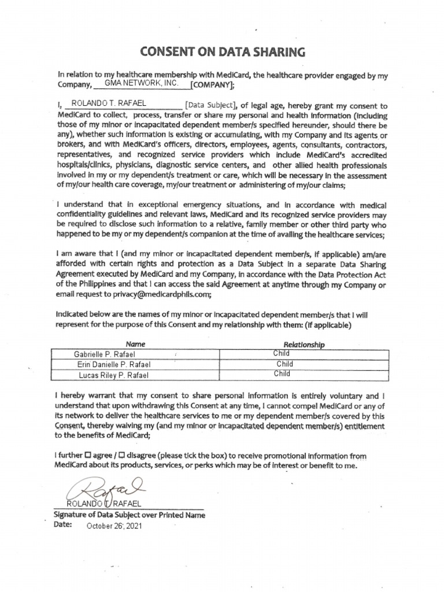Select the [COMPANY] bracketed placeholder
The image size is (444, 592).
coord(212,86)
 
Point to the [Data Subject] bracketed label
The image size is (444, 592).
coord(210,105)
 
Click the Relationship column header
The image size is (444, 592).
coord(304,345)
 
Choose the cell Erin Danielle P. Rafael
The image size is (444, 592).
coord(113,364)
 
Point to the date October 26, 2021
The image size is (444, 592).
coord(114,526)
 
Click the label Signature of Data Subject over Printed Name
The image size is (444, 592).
coord(129,515)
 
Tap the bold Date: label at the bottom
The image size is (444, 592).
coord(64,526)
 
